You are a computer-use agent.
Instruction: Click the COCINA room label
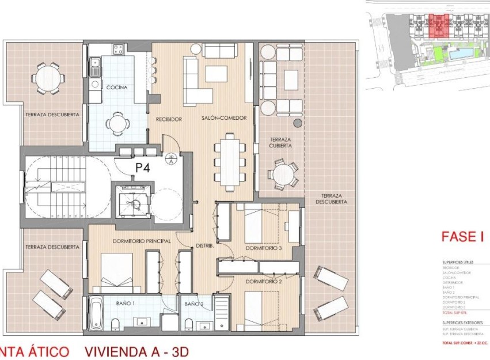point(117,88)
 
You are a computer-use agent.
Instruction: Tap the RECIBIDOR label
point(169,119)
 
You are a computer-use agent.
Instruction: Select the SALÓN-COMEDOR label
point(224,118)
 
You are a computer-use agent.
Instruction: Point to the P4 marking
point(143,169)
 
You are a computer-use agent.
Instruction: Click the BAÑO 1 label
point(125,303)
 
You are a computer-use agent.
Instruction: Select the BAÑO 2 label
point(194,304)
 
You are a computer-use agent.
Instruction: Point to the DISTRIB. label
point(206,245)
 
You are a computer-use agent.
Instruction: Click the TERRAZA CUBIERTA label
point(280,143)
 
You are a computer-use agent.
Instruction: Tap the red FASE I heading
point(461,237)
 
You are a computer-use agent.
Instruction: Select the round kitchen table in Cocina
point(117,122)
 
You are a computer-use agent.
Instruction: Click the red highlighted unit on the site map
point(440,26)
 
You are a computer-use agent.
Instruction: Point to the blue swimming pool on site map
point(463,55)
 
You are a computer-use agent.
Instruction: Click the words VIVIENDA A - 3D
point(136,351)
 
